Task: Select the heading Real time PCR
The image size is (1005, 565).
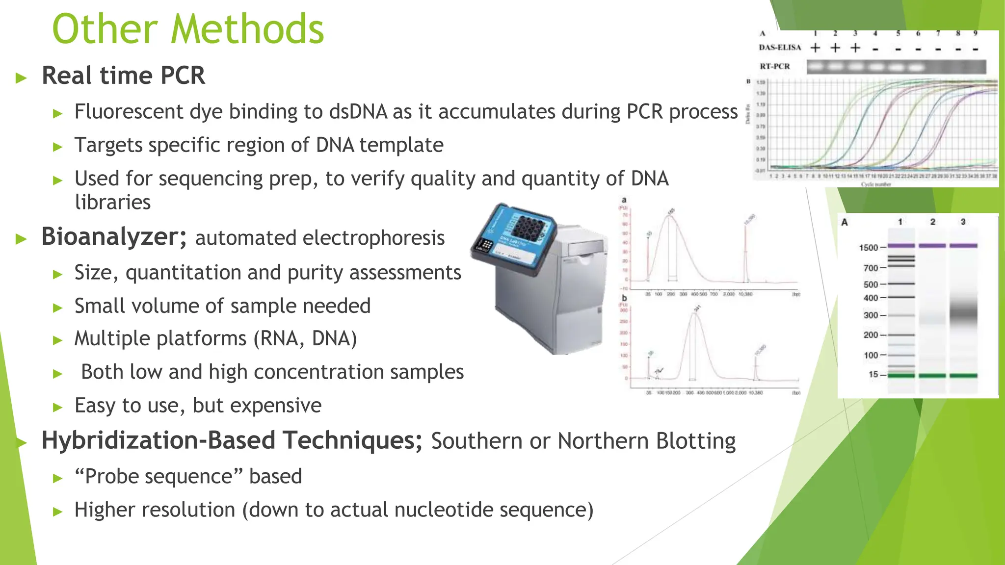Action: coord(123,76)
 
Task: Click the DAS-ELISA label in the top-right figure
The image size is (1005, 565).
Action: coord(780,48)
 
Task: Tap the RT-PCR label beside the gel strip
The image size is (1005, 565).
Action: coord(775,66)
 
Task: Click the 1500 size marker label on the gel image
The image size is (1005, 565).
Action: coord(868,248)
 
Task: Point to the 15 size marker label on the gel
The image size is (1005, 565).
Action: coord(873,375)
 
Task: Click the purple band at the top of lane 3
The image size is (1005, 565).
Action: coord(963,245)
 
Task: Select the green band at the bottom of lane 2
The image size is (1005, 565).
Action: coord(932,376)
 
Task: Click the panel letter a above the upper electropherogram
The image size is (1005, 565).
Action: coord(624,200)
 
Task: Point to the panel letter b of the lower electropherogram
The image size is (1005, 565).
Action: coord(624,298)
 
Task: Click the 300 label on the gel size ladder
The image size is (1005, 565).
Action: coord(871,315)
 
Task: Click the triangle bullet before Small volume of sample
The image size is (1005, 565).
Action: coord(58,308)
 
